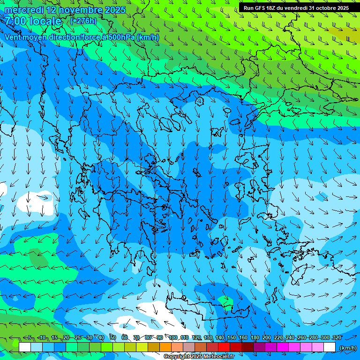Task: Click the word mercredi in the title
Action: (x=23, y=10)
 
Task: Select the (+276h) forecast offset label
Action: (x=83, y=21)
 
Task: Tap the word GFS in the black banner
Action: (x=259, y=8)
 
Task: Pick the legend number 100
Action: (x=173, y=337)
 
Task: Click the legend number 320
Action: (x=337, y=337)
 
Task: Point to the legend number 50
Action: (x=113, y=337)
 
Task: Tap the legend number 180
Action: (x=255, y=337)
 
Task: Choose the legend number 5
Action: (x=29, y=337)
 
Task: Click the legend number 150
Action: (x=232, y=337)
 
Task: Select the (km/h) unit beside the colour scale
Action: (x=348, y=347)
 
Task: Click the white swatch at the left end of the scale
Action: (x=25, y=347)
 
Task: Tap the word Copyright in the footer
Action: (x=177, y=357)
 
